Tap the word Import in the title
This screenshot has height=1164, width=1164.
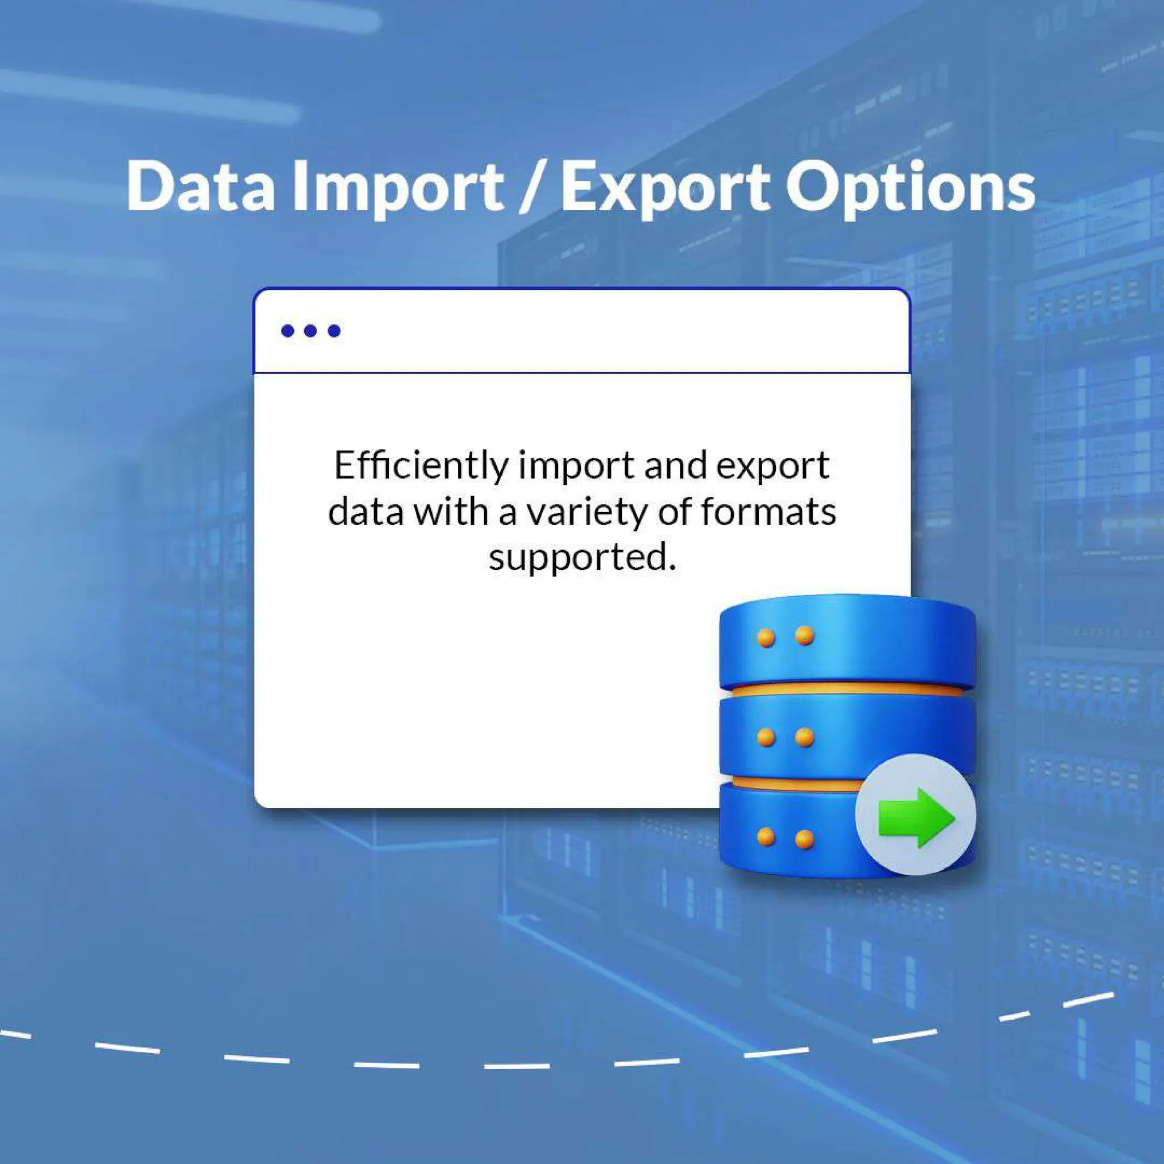coord(398,188)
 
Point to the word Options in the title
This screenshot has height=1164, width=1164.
coord(911,188)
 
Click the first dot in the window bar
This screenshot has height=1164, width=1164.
coord(288,331)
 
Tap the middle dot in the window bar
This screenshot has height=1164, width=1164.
coord(311,331)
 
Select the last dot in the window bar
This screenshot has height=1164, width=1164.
coord(334,331)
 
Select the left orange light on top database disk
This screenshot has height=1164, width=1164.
coord(766,638)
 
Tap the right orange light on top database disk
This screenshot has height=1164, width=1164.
coord(804,635)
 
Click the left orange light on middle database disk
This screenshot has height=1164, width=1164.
coord(766,737)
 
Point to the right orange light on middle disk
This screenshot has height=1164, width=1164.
coord(804,737)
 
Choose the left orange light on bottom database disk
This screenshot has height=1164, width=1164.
coord(766,836)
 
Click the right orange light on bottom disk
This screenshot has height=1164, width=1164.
coord(804,839)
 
